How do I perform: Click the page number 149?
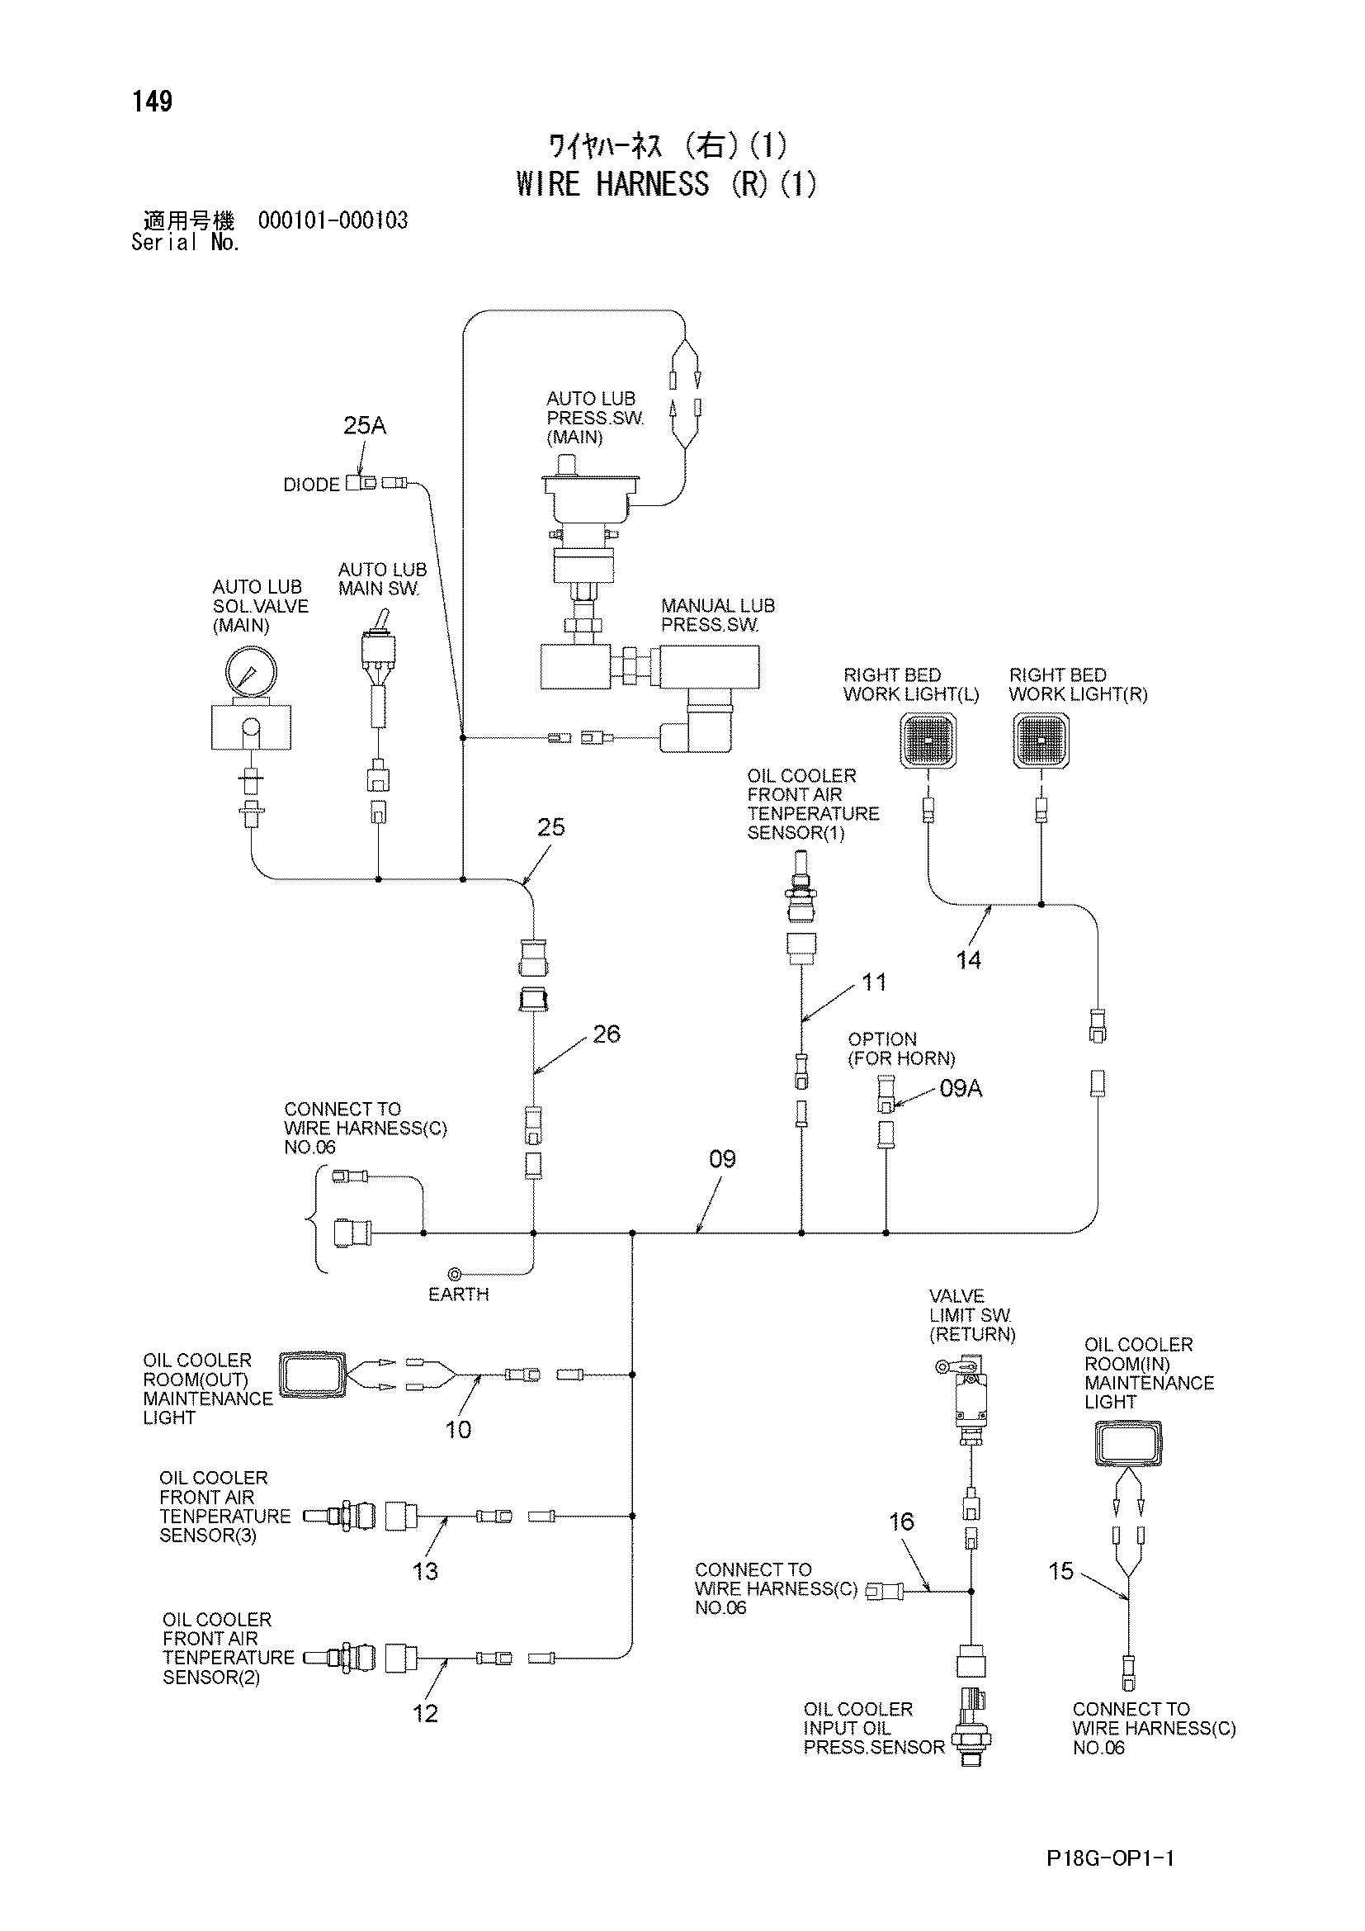(x=152, y=102)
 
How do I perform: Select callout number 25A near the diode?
(x=365, y=425)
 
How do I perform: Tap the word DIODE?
(x=312, y=485)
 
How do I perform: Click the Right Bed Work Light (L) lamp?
(x=928, y=740)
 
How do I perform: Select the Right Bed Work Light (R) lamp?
(x=1041, y=740)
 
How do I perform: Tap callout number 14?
(x=968, y=959)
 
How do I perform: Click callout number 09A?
(x=961, y=1088)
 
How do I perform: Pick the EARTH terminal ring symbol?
(x=454, y=1275)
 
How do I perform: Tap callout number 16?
(x=902, y=1522)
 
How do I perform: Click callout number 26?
(x=606, y=1034)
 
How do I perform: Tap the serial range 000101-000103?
(x=333, y=221)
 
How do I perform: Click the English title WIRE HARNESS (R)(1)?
(x=667, y=184)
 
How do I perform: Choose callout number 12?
(x=425, y=1713)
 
